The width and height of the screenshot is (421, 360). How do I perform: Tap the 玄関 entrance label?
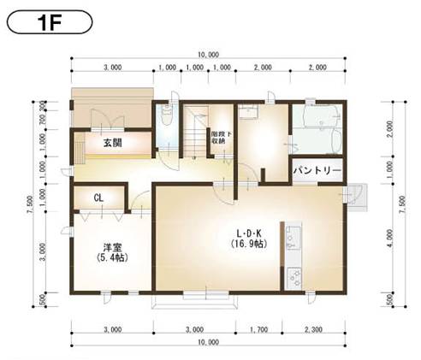click(111, 143)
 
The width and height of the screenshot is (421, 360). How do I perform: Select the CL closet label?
click(98, 198)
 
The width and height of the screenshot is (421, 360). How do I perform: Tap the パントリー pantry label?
click(317, 171)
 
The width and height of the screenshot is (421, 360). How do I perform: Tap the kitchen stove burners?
click(296, 276)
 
